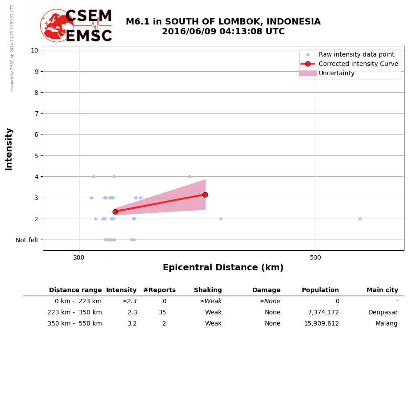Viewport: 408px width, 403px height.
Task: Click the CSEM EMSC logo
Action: [x=76, y=26]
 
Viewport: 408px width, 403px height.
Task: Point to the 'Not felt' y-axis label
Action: [x=27, y=240]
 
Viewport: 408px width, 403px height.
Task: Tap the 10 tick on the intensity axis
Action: [x=34, y=50]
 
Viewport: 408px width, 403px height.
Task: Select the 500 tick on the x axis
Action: [x=315, y=257]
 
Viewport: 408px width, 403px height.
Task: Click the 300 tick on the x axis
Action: [x=79, y=257]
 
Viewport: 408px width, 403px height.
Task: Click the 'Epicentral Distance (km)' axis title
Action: [x=223, y=268]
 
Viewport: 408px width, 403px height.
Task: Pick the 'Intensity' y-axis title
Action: [x=9, y=149]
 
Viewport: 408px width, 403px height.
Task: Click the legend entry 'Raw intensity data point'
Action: [x=356, y=55]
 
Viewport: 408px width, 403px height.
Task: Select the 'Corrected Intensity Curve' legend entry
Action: [x=358, y=64]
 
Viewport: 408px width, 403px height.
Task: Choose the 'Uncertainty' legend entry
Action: [x=336, y=73]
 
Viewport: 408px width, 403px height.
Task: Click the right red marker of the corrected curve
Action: [x=205, y=195]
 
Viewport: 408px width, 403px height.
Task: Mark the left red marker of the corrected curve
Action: [x=115, y=212]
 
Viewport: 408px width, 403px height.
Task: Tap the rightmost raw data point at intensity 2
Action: [x=360, y=219]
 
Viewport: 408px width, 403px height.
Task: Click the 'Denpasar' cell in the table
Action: [x=383, y=313]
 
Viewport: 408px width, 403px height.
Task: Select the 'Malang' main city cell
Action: [x=386, y=324]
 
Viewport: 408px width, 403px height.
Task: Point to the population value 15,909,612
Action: [x=321, y=324]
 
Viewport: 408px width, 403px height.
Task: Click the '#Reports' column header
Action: [x=159, y=290]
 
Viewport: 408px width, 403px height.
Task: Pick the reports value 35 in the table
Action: [x=162, y=313]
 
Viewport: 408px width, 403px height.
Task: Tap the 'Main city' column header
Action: [x=382, y=290]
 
